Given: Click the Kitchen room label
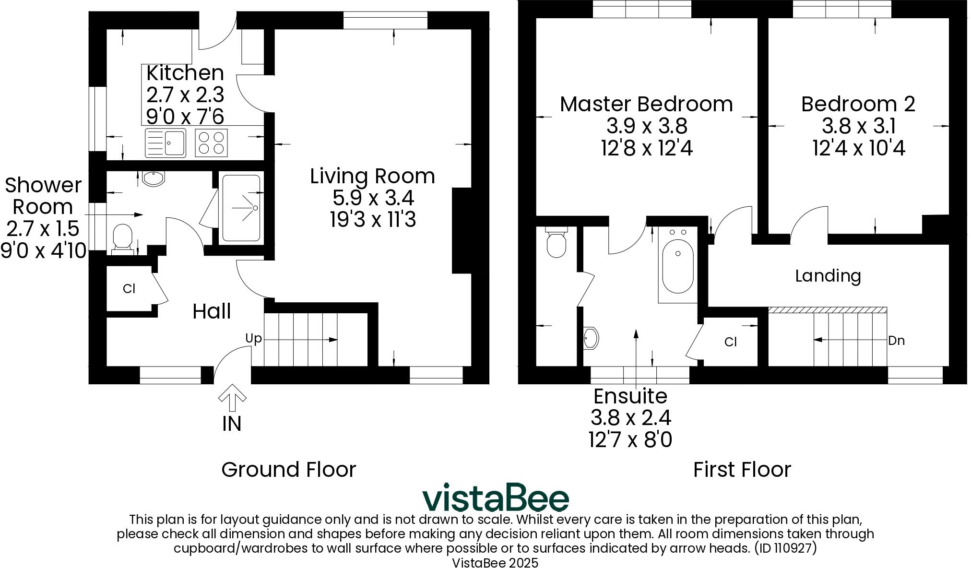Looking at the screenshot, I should click(185, 73).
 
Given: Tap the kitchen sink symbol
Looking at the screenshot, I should click(165, 142).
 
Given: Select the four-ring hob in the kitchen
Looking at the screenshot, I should click(211, 142).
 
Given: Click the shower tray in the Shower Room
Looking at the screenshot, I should click(241, 208).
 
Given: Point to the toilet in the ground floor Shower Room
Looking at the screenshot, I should click(122, 238).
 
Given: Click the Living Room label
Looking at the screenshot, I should click(372, 176).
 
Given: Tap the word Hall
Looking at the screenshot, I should click(212, 311).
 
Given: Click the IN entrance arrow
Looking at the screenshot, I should click(232, 397).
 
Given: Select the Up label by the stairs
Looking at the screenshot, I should click(253, 339).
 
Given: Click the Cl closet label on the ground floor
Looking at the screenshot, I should click(129, 289).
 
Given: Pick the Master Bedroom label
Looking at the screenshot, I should click(646, 104).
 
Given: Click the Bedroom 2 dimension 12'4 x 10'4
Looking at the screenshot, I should click(859, 148).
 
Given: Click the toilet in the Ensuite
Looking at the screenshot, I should click(556, 243).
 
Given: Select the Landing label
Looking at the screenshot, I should click(828, 276).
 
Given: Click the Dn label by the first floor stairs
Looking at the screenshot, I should click(896, 341).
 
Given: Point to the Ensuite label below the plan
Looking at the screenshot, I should click(630, 396).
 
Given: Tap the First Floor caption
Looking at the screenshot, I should click(742, 470).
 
